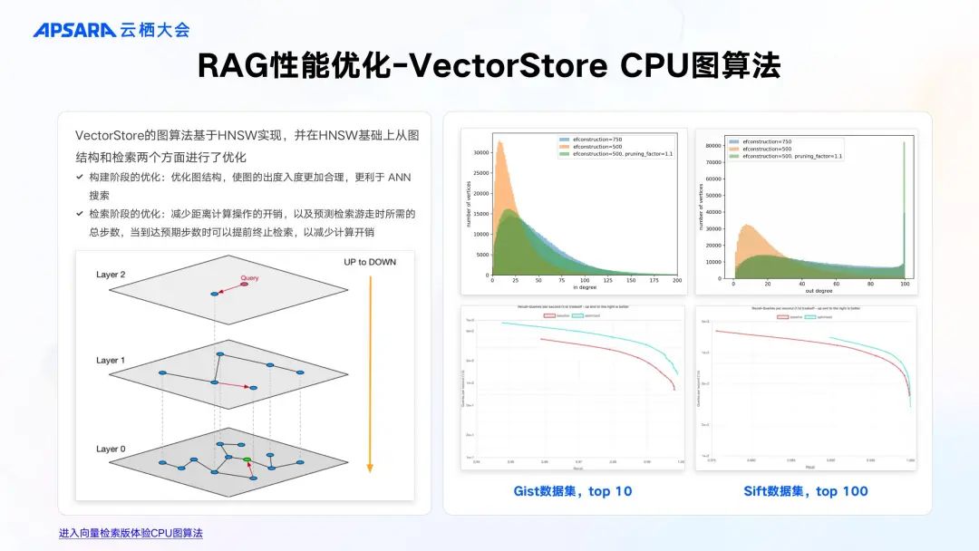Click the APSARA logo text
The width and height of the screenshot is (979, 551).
click(74, 30)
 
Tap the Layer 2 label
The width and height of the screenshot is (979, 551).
click(111, 275)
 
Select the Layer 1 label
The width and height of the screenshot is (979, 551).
click(111, 361)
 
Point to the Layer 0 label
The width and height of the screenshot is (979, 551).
click(111, 449)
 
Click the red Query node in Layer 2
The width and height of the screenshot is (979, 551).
click(244, 285)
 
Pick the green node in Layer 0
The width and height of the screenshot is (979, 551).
click(247, 461)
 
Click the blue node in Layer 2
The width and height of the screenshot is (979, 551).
click(215, 294)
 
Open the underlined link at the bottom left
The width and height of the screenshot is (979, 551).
click(131, 533)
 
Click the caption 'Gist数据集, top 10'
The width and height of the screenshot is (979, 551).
click(573, 491)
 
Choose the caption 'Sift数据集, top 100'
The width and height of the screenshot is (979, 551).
click(806, 491)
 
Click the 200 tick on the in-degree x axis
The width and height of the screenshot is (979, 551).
click(676, 281)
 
